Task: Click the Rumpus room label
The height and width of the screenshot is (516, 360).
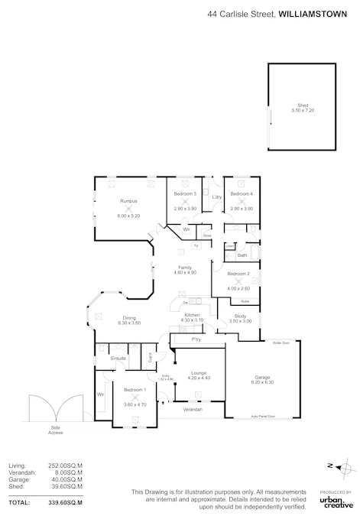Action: click(127, 200)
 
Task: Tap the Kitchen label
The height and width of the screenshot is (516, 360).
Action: click(192, 315)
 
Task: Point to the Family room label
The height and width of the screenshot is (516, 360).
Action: click(186, 267)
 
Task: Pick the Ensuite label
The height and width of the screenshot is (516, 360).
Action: click(118, 358)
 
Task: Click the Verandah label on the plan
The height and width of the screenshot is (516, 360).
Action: click(193, 410)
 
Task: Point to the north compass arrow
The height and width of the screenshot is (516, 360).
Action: click(333, 465)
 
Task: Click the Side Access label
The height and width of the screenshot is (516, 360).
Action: click(55, 430)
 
